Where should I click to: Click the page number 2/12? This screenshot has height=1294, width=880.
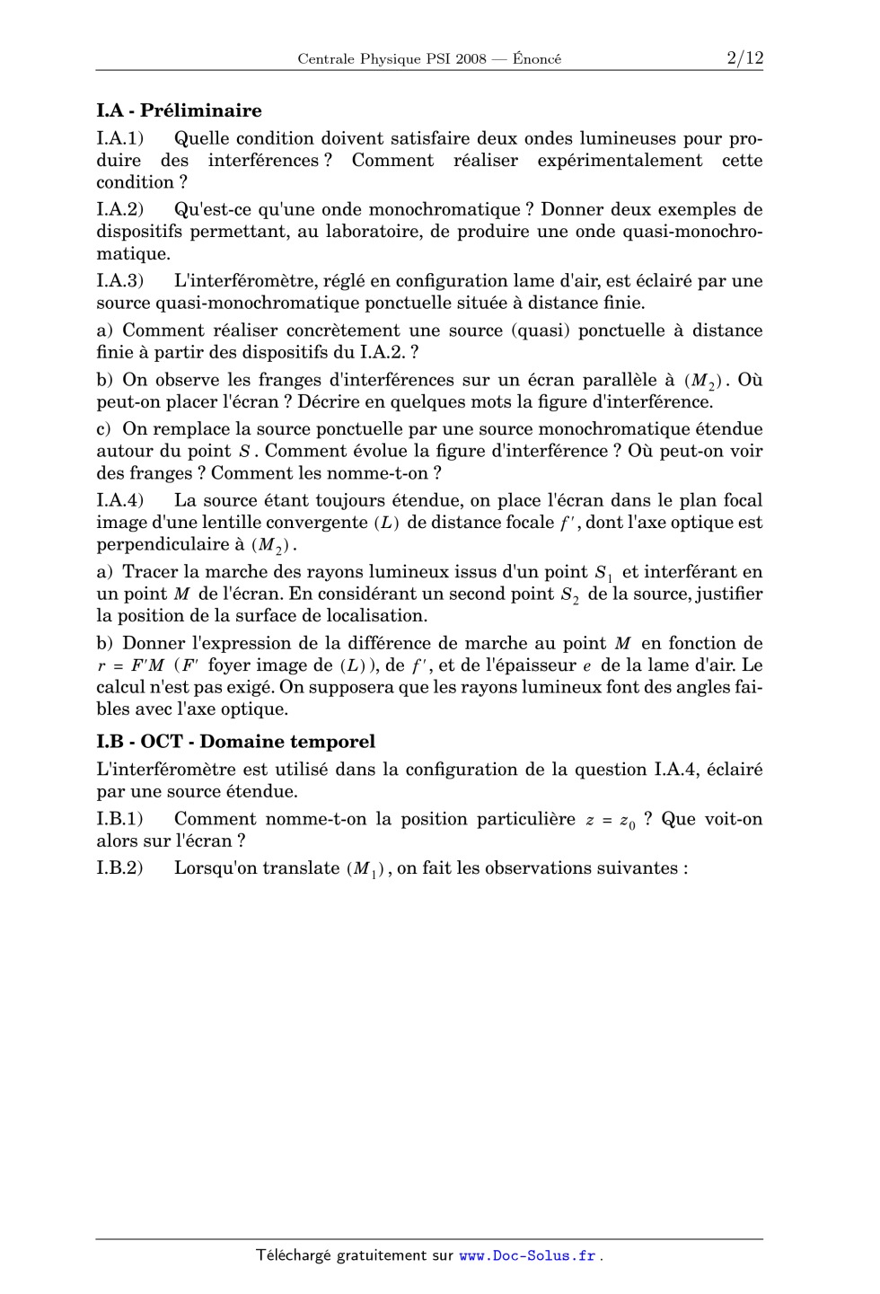(744, 58)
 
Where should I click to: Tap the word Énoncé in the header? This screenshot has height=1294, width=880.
(537, 59)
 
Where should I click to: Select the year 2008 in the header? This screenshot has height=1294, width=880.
(471, 59)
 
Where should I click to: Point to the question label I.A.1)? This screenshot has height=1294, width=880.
(120, 138)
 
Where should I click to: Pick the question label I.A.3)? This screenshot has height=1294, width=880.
(120, 281)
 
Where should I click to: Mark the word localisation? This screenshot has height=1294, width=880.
(375, 616)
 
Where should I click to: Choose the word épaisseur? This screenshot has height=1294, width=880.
(533, 665)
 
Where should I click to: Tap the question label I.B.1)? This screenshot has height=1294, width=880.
(120, 819)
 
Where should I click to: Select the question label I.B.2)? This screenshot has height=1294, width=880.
(120, 868)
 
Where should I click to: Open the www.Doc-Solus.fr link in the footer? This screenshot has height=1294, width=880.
(528, 1256)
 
